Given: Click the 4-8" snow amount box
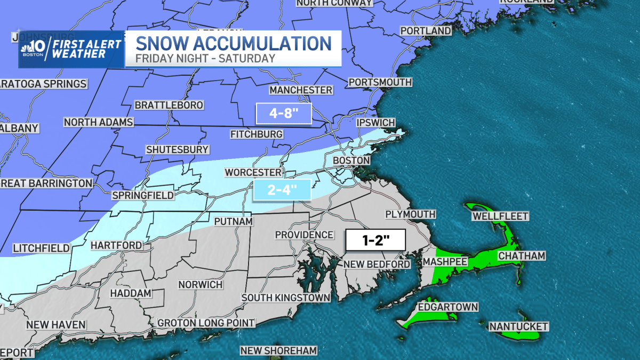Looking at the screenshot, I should (x=284, y=113).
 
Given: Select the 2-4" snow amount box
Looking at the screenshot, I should (x=282, y=190).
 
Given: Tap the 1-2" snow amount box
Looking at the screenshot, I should (x=375, y=240).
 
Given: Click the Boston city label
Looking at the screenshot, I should (x=351, y=160).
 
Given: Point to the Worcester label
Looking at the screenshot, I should (x=253, y=172).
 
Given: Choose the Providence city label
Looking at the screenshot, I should (x=304, y=235).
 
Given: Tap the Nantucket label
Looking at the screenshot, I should (x=518, y=326).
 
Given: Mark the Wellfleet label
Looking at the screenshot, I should (x=500, y=216).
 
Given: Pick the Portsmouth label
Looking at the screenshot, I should (x=380, y=82).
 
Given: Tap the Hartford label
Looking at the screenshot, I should (x=116, y=245).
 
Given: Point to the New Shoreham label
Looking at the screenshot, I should (x=278, y=350).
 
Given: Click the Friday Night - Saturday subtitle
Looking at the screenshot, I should (x=205, y=59).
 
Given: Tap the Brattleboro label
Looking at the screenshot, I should (x=169, y=105).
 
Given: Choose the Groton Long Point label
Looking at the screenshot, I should (x=206, y=323).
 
